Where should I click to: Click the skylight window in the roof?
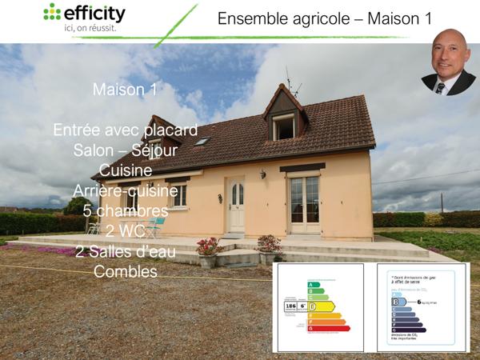(202, 142)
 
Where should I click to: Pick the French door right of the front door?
(304, 205)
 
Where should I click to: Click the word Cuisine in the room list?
(126, 170)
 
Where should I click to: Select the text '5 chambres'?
(124, 211)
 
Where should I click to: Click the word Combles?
(124, 272)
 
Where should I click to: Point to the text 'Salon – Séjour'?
(125, 150)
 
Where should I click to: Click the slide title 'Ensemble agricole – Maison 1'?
(313, 18)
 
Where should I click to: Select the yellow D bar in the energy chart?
(322, 306)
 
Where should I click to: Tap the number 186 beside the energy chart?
(290, 306)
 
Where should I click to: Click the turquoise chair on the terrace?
(154, 227)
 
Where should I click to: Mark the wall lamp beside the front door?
(262, 174)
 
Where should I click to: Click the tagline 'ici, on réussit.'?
(90, 28)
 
